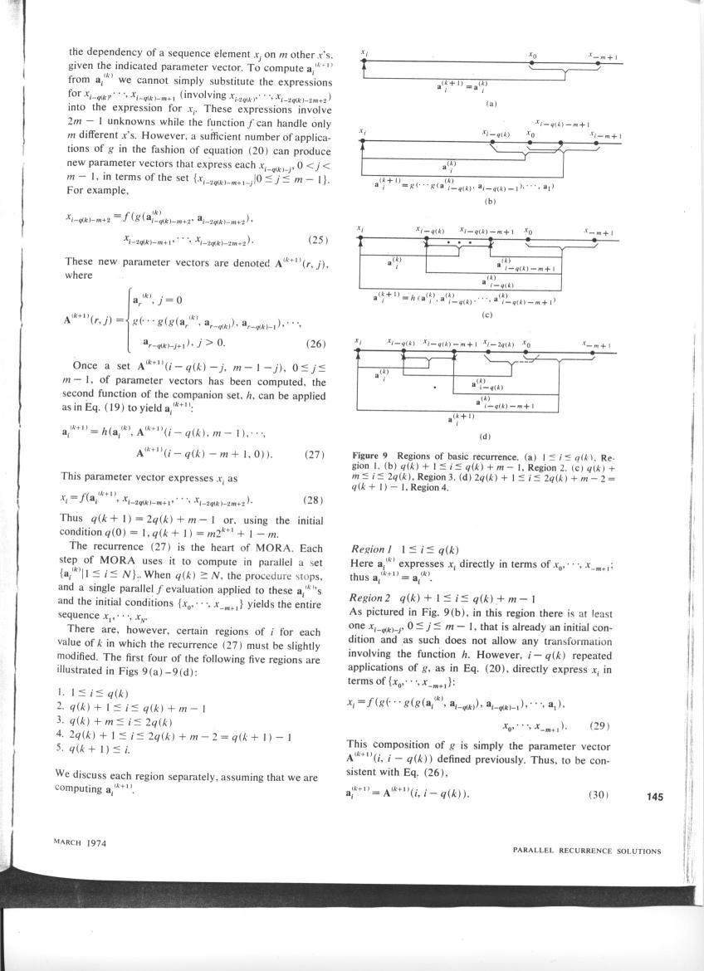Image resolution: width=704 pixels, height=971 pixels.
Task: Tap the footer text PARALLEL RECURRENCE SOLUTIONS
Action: pyautogui.click(x=587, y=851)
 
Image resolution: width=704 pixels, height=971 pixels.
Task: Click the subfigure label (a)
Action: pyautogui.click(x=491, y=105)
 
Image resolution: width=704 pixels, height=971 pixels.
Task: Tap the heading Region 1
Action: pyautogui.click(x=369, y=550)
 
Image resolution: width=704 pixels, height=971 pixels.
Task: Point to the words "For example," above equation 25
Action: pyautogui.click(x=90, y=190)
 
